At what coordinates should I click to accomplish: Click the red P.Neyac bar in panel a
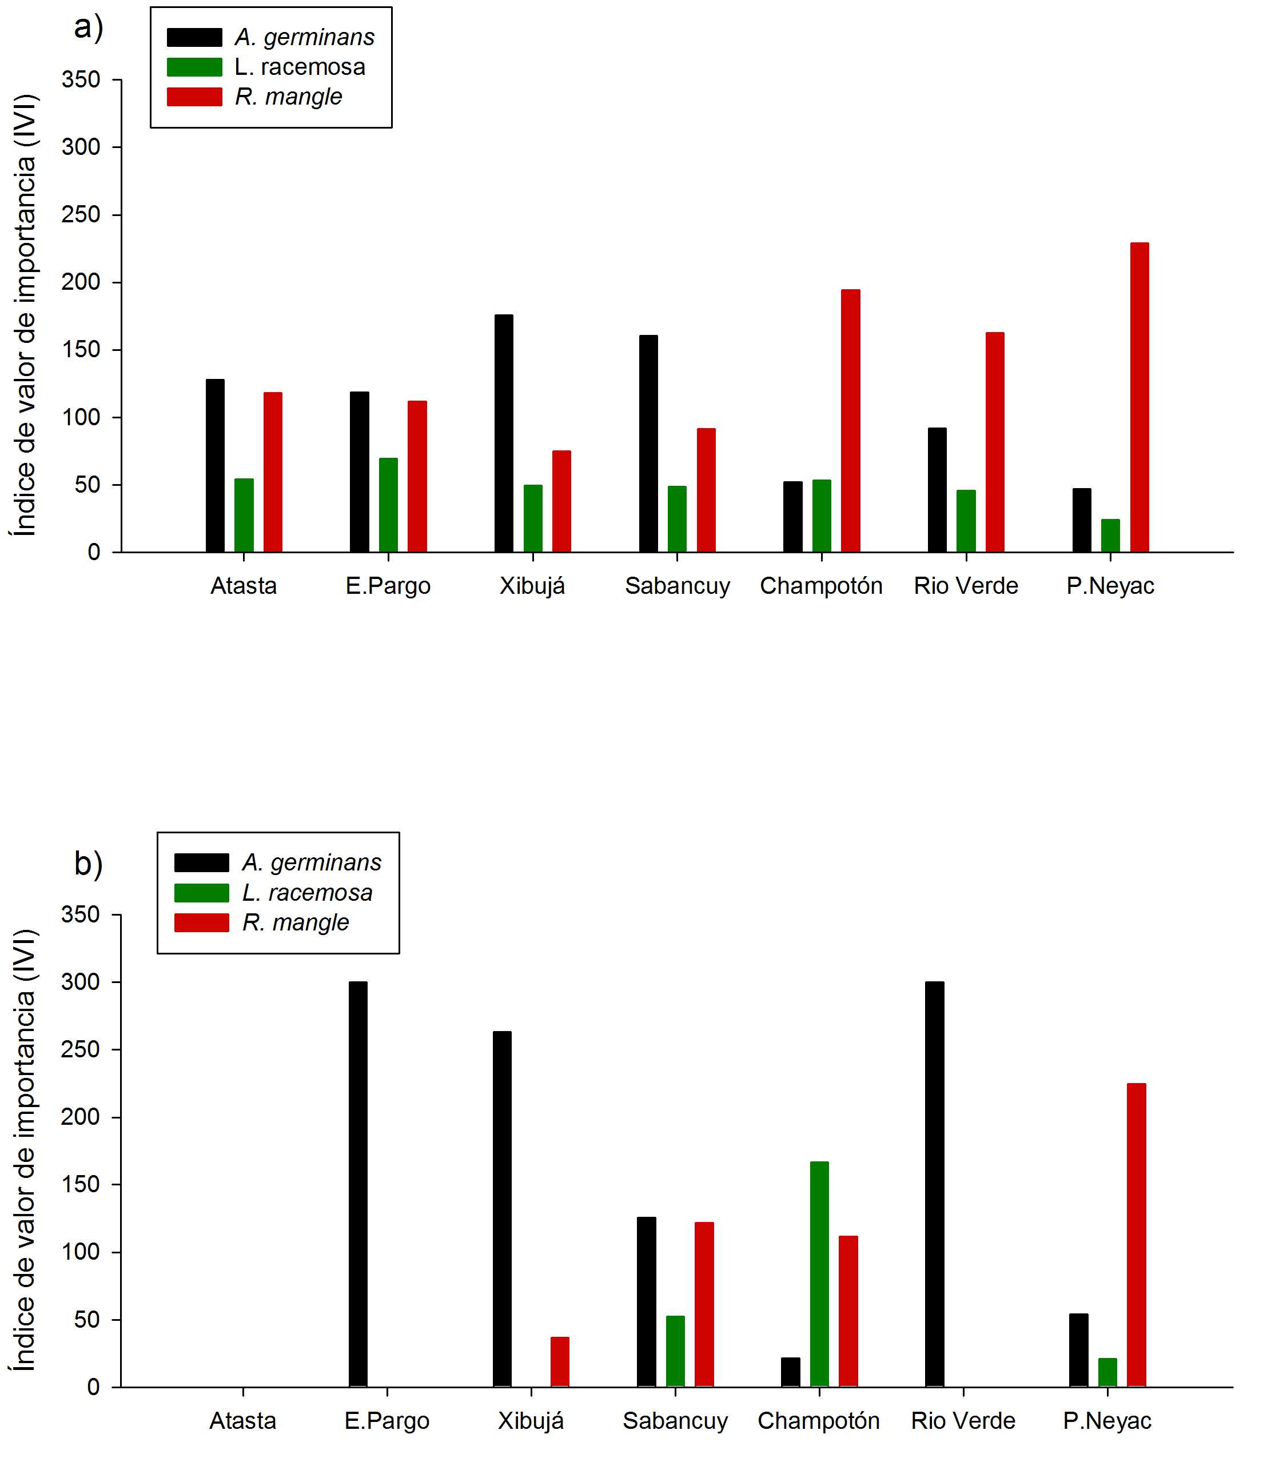coord(1138,397)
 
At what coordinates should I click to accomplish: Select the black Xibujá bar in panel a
coord(504,433)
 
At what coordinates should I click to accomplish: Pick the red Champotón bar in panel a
coord(850,420)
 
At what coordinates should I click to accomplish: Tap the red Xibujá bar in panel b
coord(560,1361)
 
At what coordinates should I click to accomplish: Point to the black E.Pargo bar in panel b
coord(358,1184)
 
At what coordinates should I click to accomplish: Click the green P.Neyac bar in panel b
coord(1107,1372)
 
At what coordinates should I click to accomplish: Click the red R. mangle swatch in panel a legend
coord(194,97)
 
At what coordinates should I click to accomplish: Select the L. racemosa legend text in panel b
coord(307,893)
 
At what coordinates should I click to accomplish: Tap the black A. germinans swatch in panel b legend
coord(201,862)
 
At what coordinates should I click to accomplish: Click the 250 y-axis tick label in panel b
coord(80,1049)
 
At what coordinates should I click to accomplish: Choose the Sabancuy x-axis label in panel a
coord(677,586)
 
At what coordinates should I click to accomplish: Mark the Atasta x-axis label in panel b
coord(242,1420)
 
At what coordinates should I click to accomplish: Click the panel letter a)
coord(89,29)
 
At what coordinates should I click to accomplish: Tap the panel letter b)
coord(89,864)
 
